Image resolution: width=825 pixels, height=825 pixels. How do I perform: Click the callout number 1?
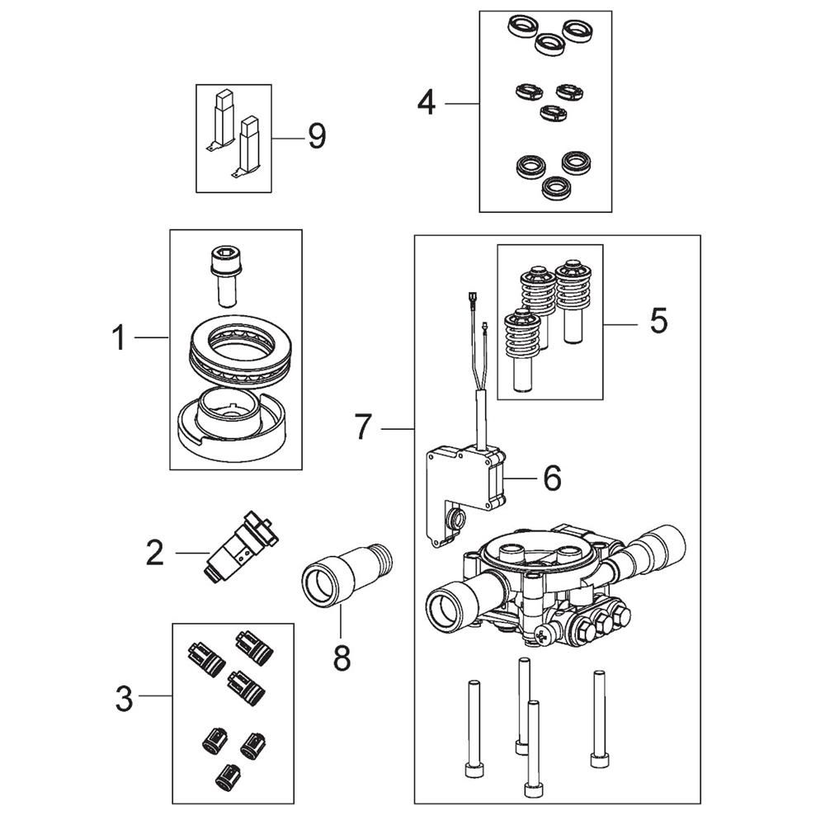click(x=120, y=337)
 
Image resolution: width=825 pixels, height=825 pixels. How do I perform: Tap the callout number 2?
click(x=155, y=553)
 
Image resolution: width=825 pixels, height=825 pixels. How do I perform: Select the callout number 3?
click(x=125, y=700)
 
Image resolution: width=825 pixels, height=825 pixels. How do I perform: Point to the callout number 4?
click(x=427, y=102)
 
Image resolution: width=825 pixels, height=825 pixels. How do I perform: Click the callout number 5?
click(x=658, y=320)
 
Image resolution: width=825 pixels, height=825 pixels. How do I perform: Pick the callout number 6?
click(x=552, y=478)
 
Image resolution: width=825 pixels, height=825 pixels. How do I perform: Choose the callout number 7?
click(x=364, y=427)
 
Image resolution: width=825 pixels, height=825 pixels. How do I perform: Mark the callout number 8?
click(x=342, y=658)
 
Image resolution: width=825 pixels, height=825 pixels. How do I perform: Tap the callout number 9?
click(x=318, y=136)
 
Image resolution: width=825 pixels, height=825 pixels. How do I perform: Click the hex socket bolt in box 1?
click(x=227, y=276)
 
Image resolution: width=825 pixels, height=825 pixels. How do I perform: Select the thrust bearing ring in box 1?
click(x=238, y=352)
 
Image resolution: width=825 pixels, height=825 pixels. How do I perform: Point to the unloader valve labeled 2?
click(x=240, y=547)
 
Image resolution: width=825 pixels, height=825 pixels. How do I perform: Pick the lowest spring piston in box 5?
click(x=522, y=350)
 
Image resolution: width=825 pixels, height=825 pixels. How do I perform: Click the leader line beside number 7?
click(x=398, y=429)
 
